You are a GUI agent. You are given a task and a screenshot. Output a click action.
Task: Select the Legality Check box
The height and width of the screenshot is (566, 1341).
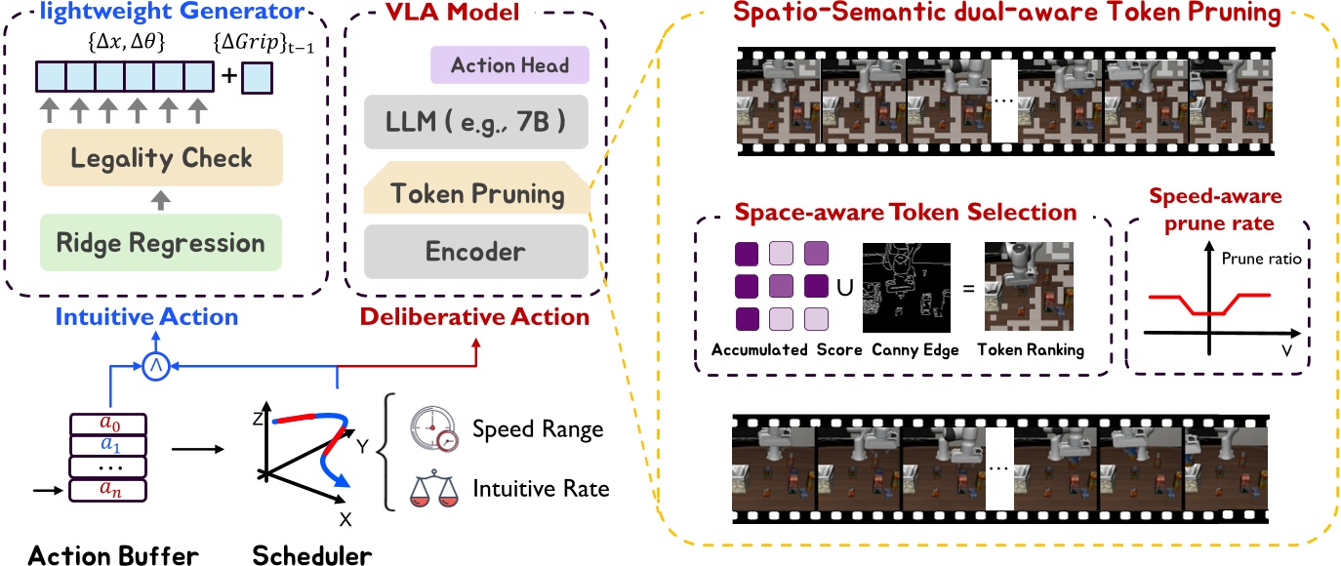pyautogui.click(x=159, y=159)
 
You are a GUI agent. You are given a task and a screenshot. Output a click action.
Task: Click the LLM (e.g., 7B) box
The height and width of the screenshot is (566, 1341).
pyautogui.click(x=476, y=123)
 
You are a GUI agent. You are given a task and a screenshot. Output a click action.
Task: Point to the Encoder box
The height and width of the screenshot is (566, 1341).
pyautogui.click(x=476, y=251)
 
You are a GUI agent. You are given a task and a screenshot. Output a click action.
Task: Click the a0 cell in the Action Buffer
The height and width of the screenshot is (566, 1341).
pyautogui.click(x=108, y=425)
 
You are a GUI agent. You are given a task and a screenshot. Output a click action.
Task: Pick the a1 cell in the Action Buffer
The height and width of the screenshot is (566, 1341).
pyautogui.click(x=108, y=446)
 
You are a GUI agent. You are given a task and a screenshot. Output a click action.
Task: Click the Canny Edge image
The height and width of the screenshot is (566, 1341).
pyautogui.click(x=905, y=288)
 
